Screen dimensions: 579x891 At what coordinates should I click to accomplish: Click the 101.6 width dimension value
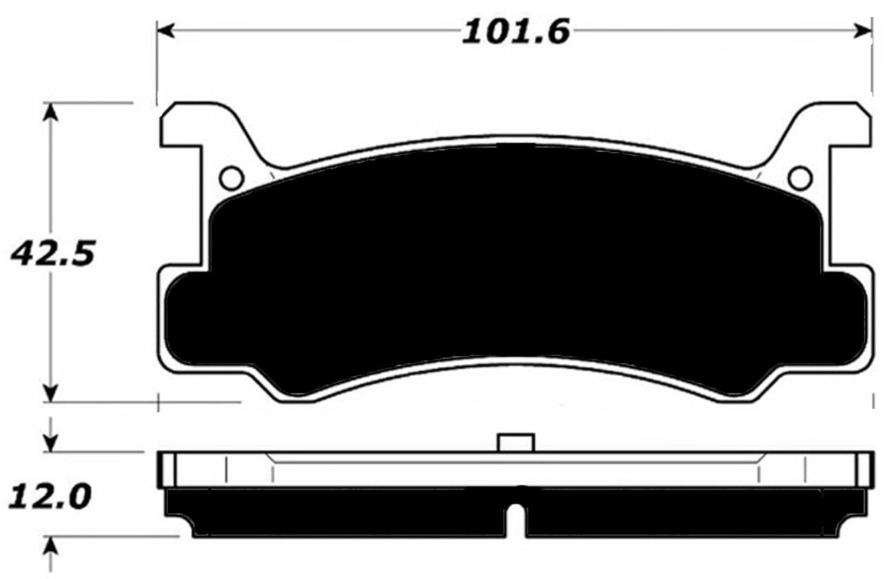[x=516, y=32]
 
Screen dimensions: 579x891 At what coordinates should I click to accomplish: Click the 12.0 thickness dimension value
[x=50, y=495]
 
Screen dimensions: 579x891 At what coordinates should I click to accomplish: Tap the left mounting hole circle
[x=231, y=178]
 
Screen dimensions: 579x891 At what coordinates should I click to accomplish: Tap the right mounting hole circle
[x=799, y=178]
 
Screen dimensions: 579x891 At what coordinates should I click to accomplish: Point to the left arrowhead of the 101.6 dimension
[x=165, y=31]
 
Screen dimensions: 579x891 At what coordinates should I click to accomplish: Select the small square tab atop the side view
[x=516, y=443]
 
